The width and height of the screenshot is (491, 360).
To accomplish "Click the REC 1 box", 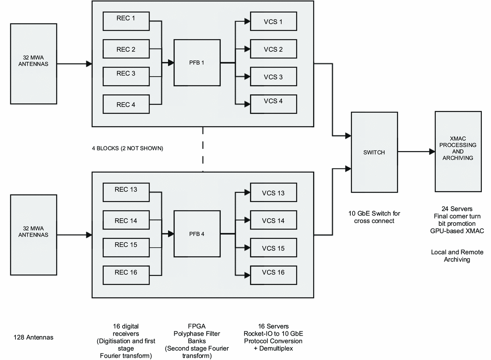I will (126, 21).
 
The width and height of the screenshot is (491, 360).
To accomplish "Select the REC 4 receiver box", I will (126, 104).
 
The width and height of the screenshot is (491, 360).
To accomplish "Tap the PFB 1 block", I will (197, 63).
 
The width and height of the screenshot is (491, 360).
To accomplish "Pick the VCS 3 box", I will (273, 77).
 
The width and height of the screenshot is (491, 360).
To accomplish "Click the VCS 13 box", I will (273, 193).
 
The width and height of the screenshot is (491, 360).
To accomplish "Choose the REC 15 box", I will (126, 248).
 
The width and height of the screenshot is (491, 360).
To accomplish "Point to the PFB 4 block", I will (197, 234).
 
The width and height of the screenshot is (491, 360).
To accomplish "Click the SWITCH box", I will (374, 152).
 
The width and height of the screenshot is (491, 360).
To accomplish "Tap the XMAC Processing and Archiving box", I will (458, 151).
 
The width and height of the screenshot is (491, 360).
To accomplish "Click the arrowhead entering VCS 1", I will (247, 21).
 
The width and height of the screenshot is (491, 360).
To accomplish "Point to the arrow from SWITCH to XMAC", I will (416, 151).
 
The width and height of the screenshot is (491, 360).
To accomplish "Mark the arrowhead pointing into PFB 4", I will (171, 234).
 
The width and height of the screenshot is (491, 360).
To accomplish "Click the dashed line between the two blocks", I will (203, 149).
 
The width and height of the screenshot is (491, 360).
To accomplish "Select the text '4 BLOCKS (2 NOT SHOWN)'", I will (127, 148).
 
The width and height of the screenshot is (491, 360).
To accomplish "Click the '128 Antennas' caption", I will (34, 337).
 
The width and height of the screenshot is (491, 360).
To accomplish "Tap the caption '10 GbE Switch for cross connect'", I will (374, 217).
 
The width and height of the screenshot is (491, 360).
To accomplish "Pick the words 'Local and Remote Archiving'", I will (457, 256).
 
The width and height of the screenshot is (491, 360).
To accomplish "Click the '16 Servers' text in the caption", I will (273, 326).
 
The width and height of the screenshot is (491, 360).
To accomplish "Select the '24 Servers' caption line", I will (457, 209).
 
